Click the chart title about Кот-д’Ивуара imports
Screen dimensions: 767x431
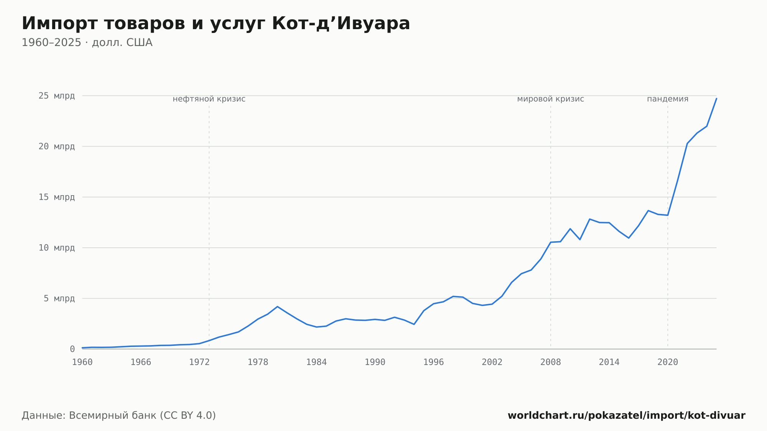(x=216, y=23)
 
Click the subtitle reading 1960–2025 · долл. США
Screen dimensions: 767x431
(x=87, y=43)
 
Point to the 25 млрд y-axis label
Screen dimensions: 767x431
(x=57, y=96)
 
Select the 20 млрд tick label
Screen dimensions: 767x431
(x=57, y=146)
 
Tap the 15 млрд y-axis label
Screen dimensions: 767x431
(x=57, y=197)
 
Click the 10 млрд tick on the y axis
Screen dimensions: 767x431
(x=57, y=248)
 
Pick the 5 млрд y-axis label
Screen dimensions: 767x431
(x=59, y=298)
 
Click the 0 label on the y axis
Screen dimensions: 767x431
(x=72, y=349)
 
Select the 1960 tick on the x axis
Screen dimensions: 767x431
(x=82, y=362)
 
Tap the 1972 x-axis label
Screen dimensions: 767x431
(x=199, y=362)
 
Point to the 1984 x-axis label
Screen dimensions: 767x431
(x=316, y=362)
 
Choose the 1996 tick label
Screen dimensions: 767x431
(x=433, y=362)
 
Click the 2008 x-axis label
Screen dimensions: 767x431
(x=551, y=362)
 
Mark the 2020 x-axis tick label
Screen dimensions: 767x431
(x=668, y=362)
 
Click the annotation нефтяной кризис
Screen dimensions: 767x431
(x=209, y=99)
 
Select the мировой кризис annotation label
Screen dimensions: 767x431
(x=551, y=99)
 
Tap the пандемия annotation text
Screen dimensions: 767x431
(x=668, y=99)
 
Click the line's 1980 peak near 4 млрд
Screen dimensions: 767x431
(x=277, y=306)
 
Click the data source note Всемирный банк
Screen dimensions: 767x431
(x=119, y=415)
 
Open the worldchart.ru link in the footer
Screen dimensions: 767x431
(x=627, y=415)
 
